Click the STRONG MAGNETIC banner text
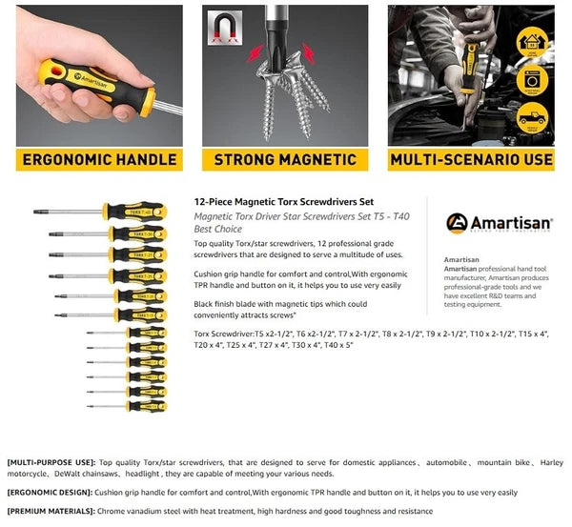tap(284, 159)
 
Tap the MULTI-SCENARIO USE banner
tap(471, 159)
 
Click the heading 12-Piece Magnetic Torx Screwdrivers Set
tap(283, 202)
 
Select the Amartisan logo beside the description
tap(499, 223)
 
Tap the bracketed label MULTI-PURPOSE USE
tap(49, 462)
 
